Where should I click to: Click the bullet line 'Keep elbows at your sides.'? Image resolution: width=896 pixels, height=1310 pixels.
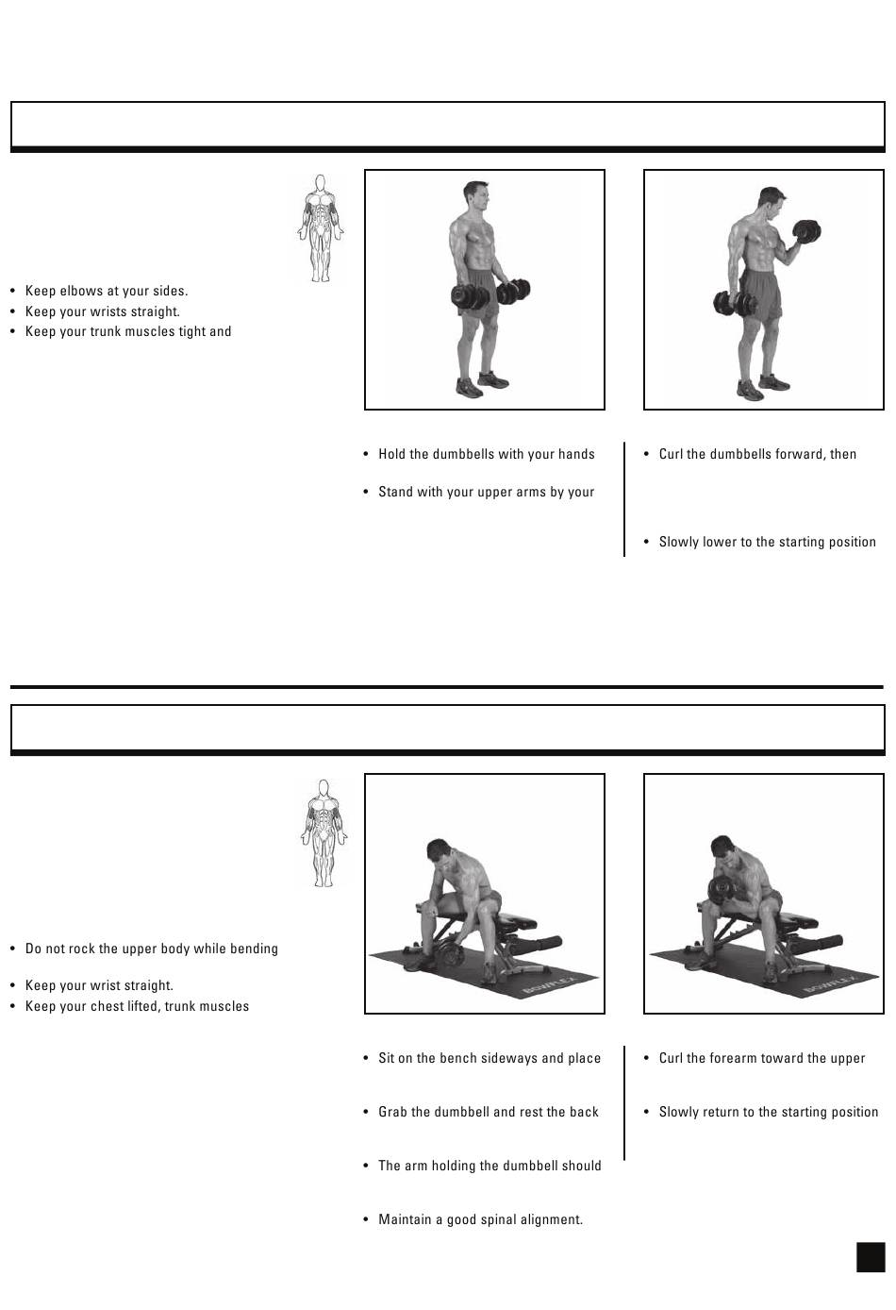[x=106, y=291]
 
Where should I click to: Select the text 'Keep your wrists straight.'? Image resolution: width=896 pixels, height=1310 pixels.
[x=102, y=311]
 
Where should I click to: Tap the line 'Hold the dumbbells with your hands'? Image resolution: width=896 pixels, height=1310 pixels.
[x=487, y=454]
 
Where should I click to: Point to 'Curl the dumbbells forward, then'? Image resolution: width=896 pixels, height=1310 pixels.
[x=757, y=454]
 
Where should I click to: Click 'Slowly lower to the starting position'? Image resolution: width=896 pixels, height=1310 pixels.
[x=768, y=542]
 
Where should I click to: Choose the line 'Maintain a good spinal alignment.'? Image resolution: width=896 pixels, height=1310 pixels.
[x=480, y=1219]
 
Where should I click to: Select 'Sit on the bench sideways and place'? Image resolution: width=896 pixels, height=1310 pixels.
[x=489, y=1058]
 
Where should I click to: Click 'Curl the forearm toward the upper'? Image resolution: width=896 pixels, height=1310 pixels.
[x=762, y=1058]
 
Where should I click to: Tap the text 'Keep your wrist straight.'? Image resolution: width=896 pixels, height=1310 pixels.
[x=99, y=985]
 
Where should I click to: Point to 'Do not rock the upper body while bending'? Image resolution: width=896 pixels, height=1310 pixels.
[x=152, y=949]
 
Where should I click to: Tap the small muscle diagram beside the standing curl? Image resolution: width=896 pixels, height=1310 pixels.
[x=320, y=228]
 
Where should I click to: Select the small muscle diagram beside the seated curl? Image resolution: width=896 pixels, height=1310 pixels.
[x=324, y=832]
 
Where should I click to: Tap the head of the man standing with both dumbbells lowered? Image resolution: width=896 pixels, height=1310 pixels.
[x=476, y=196]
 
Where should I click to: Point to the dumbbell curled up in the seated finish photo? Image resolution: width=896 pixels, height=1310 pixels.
[x=722, y=893]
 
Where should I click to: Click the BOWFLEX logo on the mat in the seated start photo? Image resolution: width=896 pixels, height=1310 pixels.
[x=550, y=987]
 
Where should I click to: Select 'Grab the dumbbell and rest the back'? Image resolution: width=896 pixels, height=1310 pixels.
[x=488, y=1112]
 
